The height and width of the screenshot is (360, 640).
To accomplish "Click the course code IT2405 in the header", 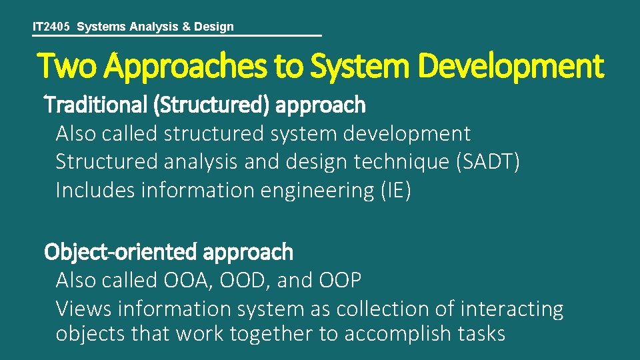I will [x=53, y=27].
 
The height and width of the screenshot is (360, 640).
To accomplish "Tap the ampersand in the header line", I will [x=187, y=27].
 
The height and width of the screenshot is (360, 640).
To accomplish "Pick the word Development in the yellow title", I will [x=513, y=67].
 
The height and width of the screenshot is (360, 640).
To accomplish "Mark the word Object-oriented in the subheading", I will [x=120, y=252].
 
